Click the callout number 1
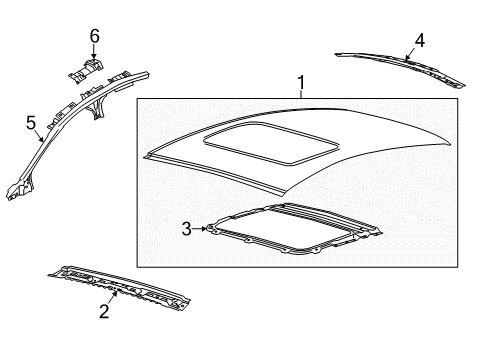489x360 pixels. click(301, 82)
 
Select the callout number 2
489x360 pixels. click(104, 311)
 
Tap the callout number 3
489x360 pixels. click(187, 229)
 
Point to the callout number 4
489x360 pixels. click(420, 40)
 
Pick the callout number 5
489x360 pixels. click(31, 123)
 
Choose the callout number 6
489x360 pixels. click(94, 36)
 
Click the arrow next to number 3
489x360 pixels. click(200, 229)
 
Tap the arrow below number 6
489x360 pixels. click(94, 52)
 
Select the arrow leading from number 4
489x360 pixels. click(410, 54)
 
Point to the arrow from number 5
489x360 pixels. click(39, 136)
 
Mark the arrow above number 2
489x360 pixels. click(113, 297)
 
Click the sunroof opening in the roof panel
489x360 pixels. click(272, 143)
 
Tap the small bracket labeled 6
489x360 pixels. click(86, 70)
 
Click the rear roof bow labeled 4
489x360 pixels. click(400, 68)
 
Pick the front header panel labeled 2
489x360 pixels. click(119, 287)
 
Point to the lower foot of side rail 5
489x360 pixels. click(19, 191)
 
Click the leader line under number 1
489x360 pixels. click(301, 94)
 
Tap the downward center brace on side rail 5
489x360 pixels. click(98, 107)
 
